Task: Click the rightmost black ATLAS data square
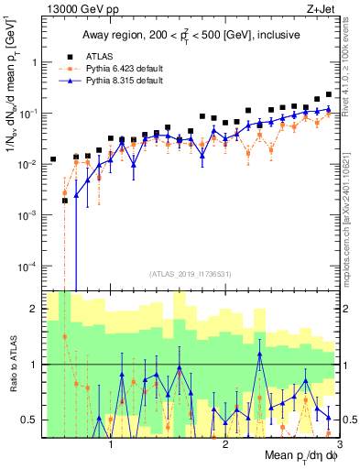329,94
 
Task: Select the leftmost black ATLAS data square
53,159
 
